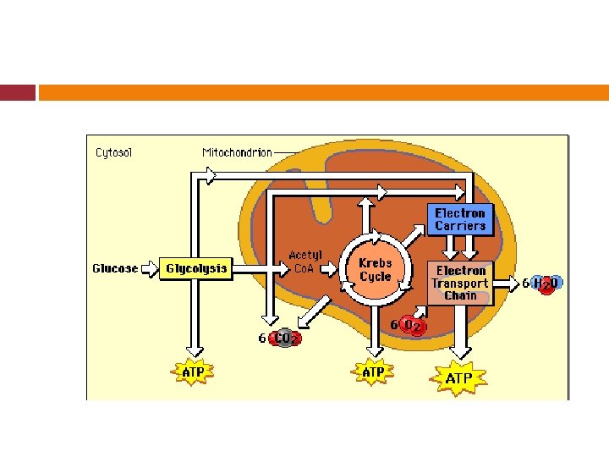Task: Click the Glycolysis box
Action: point(196,269)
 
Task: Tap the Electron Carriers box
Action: point(460,219)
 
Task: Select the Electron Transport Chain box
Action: point(460,283)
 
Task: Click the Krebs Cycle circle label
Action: point(375,269)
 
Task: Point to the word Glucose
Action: point(115,269)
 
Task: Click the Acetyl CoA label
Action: point(304,262)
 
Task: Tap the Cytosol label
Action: point(113,153)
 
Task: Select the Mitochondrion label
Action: point(237,153)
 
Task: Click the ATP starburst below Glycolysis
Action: point(194,372)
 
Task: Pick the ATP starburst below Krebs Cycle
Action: point(373,372)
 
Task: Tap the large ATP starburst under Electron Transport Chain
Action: point(460,378)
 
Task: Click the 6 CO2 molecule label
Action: point(280,338)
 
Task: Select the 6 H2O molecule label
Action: point(541,284)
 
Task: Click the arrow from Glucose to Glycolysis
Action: point(150,269)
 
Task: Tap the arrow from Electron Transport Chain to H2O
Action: point(506,284)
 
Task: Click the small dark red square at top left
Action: point(18,92)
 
